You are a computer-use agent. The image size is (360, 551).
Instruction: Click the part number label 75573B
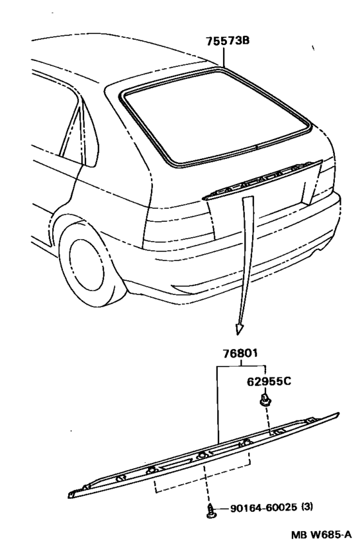(x=228, y=41)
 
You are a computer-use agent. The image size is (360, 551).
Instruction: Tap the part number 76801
(x=240, y=353)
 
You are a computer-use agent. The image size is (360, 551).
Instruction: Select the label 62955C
(x=269, y=381)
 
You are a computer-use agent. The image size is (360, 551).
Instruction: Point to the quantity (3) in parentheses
(x=307, y=507)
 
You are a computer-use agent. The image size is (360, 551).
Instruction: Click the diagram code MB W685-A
(x=321, y=535)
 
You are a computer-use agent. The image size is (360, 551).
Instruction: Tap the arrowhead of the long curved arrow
(x=240, y=329)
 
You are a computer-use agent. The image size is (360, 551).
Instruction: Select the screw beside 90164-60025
(x=211, y=510)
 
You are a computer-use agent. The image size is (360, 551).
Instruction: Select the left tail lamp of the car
(x=179, y=225)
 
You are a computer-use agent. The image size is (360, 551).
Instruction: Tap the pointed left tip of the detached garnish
(x=69, y=496)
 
